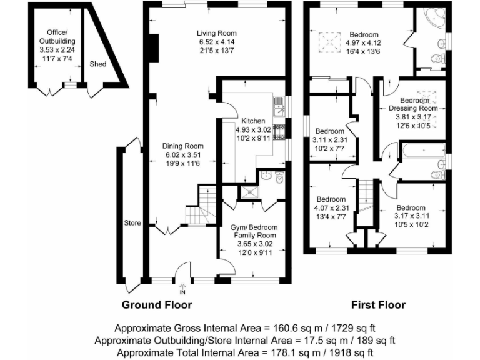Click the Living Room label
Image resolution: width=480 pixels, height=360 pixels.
coord(217,33)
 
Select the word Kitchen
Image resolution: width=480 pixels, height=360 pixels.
coord(253,121)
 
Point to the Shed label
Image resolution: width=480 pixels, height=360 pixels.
coord(97,64)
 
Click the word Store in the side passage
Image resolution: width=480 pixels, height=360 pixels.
coord(132,223)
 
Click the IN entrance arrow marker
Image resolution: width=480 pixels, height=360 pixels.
coord(182,288)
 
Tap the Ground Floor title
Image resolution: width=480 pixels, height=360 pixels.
coord(156,305)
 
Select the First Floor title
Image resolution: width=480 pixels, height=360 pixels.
coord(377,305)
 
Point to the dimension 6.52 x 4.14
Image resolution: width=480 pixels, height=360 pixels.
coord(217,42)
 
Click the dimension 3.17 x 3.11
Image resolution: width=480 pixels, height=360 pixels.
coord(411,217)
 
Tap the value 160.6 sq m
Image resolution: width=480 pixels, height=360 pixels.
coord(278,327)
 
